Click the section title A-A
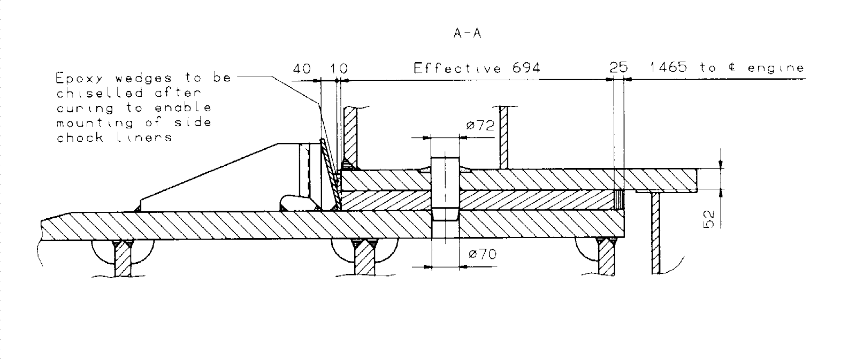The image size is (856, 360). pos(467,34)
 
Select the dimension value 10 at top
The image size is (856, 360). pos(339,68)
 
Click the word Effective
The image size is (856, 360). pos(457,68)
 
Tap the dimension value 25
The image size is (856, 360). pos(618,68)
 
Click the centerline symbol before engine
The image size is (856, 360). pos(736,68)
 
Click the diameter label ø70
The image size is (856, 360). pos(482,254)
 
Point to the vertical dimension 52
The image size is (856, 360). pos(708,219)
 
